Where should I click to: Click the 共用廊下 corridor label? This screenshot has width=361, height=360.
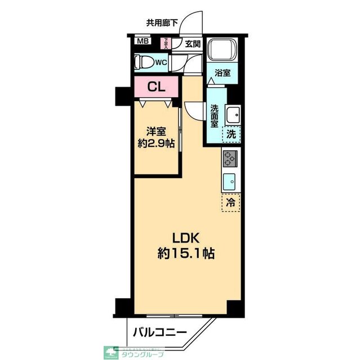point(162,23)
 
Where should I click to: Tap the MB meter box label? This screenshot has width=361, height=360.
point(142,41)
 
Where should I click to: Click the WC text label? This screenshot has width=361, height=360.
point(160,62)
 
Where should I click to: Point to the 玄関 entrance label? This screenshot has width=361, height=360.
point(192,43)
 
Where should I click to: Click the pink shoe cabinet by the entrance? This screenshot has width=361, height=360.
point(166,43)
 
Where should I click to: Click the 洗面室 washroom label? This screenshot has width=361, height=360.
point(215,115)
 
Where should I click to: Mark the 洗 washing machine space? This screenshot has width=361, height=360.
point(231,134)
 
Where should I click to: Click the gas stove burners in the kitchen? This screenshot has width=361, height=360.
point(230,159)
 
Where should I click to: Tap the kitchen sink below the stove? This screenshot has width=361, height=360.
point(230,181)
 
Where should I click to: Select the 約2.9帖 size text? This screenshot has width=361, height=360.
point(156,144)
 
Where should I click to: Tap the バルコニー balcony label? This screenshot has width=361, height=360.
point(160,333)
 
